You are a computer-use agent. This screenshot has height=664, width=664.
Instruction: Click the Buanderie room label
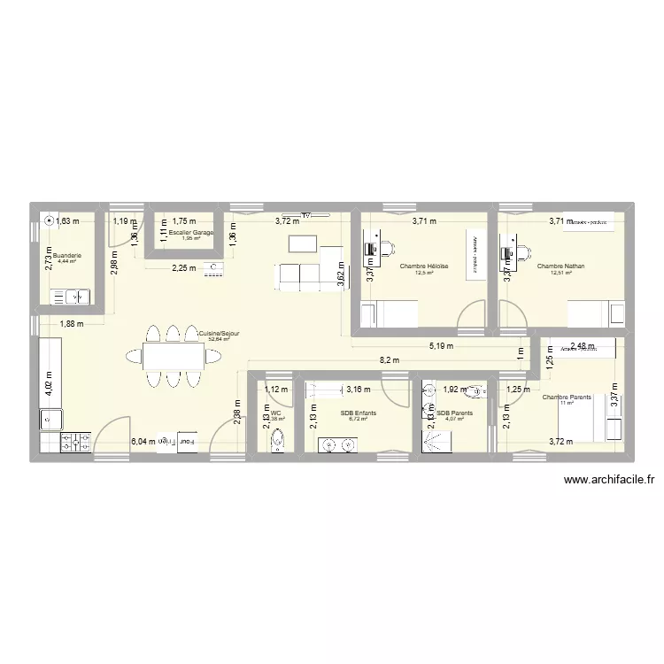[67, 255]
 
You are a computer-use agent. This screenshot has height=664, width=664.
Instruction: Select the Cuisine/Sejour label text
[219, 333]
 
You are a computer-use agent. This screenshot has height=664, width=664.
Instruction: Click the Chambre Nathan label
[560, 266]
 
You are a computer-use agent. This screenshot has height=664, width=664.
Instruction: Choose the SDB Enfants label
[358, 413]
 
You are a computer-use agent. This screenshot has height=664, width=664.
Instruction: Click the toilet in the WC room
[278, 438]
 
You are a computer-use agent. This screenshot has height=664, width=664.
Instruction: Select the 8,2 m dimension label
[389, 360]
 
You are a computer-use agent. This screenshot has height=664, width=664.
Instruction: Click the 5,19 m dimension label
[440, 346]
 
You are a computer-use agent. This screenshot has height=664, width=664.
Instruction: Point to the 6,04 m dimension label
[142, 441]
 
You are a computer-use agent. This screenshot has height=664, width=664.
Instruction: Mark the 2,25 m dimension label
[183, 269]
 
